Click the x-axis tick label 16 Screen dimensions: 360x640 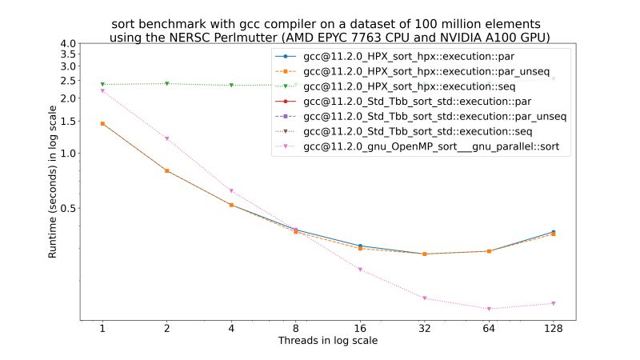[x=360, y=329]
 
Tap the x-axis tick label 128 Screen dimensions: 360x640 [x=553, y=329]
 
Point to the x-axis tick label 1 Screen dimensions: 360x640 [x=102, y=329]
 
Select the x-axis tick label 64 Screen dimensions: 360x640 [x=489, y=329]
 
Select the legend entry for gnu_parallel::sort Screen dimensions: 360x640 [x=436, y=146]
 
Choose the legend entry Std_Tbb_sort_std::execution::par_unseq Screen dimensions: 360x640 [x=436, y=116]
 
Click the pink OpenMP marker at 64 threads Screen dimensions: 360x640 [x=489, y=309]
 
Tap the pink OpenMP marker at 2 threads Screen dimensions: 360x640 [x=166, y=138]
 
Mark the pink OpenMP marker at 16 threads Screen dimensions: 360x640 [x=360, y=270]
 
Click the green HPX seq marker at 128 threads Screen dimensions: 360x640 [x=553, y=78]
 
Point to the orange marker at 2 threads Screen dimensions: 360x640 [x=166, y=170]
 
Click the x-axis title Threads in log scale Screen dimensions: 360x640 [x=327, y=341]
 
